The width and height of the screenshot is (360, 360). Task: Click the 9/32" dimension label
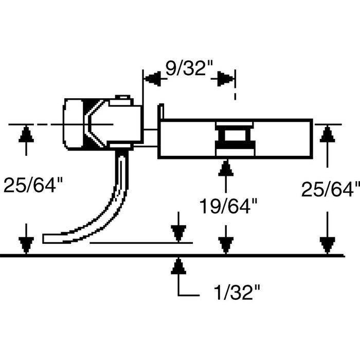click(189, 68)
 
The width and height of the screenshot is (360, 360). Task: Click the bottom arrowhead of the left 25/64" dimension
click(26, 244)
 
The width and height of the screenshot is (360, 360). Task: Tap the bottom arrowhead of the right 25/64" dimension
click(325, 244)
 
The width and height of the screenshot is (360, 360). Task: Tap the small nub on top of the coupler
click(122, 97)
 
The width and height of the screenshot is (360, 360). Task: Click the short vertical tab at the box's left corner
click(161, 112)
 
